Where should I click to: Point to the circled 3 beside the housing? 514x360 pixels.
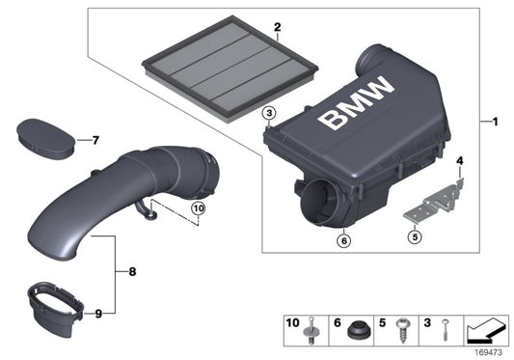point(269,114)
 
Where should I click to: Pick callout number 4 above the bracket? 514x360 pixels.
point(460,159)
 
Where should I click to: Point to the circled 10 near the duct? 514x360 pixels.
point(197,208)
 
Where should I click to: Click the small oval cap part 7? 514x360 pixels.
point(49,135)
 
